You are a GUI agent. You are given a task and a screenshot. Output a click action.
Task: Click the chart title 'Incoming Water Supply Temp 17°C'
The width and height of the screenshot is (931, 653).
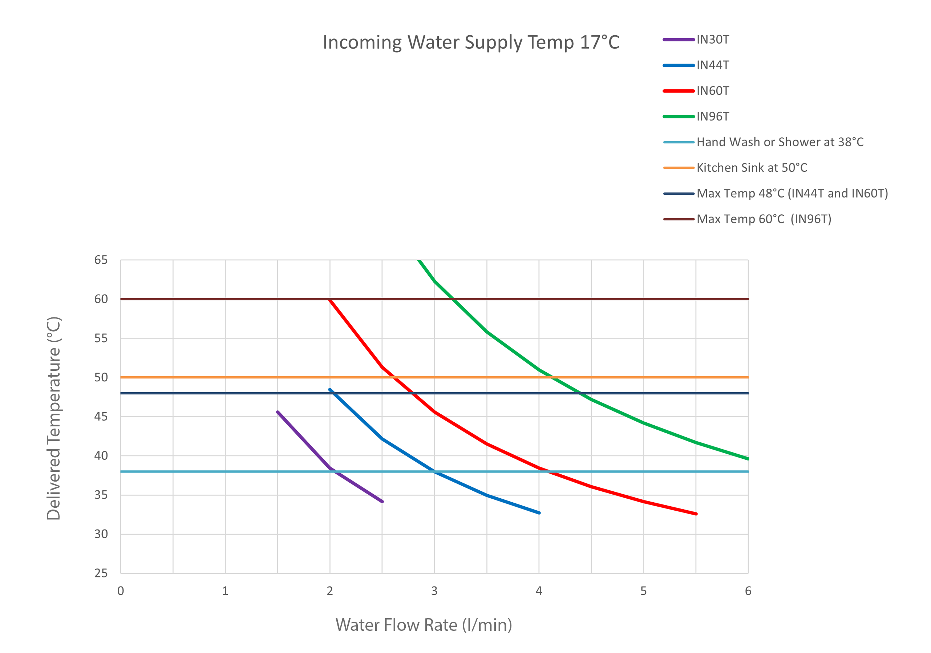(471, 42)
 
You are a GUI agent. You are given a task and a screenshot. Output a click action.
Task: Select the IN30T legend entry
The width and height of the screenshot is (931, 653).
(712, 40)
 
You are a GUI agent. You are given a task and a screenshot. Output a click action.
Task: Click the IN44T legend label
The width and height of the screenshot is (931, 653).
(712, 65)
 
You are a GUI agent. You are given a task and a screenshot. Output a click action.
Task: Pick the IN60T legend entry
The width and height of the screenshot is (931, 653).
(712, 91)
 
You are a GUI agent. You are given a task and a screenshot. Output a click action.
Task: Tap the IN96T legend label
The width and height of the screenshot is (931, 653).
(712, 117)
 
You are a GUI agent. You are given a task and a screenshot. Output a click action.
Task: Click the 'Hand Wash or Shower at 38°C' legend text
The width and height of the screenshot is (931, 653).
(780, 142)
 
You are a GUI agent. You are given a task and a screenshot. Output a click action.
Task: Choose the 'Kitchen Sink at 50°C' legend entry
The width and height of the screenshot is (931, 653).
(752, 168)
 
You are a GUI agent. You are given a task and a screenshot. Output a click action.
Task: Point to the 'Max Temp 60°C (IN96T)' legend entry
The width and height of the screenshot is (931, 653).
(764, 219)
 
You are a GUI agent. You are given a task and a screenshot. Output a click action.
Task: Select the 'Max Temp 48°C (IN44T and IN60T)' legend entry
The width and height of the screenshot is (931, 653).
(792, 193)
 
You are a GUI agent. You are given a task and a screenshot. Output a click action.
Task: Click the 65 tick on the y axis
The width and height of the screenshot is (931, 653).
(101, 260)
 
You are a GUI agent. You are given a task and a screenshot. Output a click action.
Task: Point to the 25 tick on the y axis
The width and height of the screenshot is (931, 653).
(101, 573)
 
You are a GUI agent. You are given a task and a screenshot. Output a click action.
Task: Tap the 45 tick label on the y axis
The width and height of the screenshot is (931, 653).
(101, 417)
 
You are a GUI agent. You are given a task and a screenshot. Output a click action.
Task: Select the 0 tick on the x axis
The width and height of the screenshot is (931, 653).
(121, 591)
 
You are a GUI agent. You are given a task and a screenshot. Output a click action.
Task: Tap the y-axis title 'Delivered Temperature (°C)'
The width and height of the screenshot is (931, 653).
(53, 418)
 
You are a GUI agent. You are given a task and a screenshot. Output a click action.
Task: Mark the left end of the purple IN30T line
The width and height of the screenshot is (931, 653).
(278, 412)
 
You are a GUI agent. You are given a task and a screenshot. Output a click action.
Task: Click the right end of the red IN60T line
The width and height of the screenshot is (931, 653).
(696, 514)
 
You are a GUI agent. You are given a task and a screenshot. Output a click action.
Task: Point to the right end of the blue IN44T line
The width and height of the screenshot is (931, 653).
(539, 513)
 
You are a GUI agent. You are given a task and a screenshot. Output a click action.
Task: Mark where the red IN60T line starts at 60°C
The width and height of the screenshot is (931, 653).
(330, 300)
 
